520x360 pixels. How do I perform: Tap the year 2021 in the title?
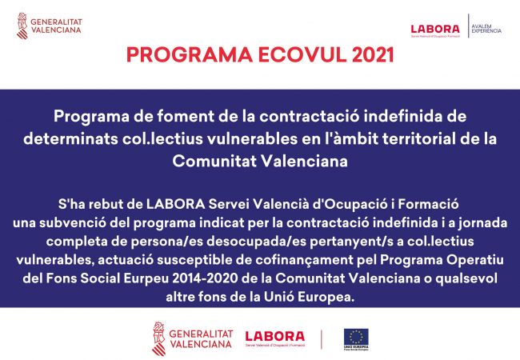pyautogui.click(x=367, y=55)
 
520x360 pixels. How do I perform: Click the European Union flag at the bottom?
pyautogui.click(x=356, y=337)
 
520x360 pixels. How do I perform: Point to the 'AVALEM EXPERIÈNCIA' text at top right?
pyautogui.click(x=486, y=29)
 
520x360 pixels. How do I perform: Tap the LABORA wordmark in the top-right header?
pyautogui.click(x=434, y=29)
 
